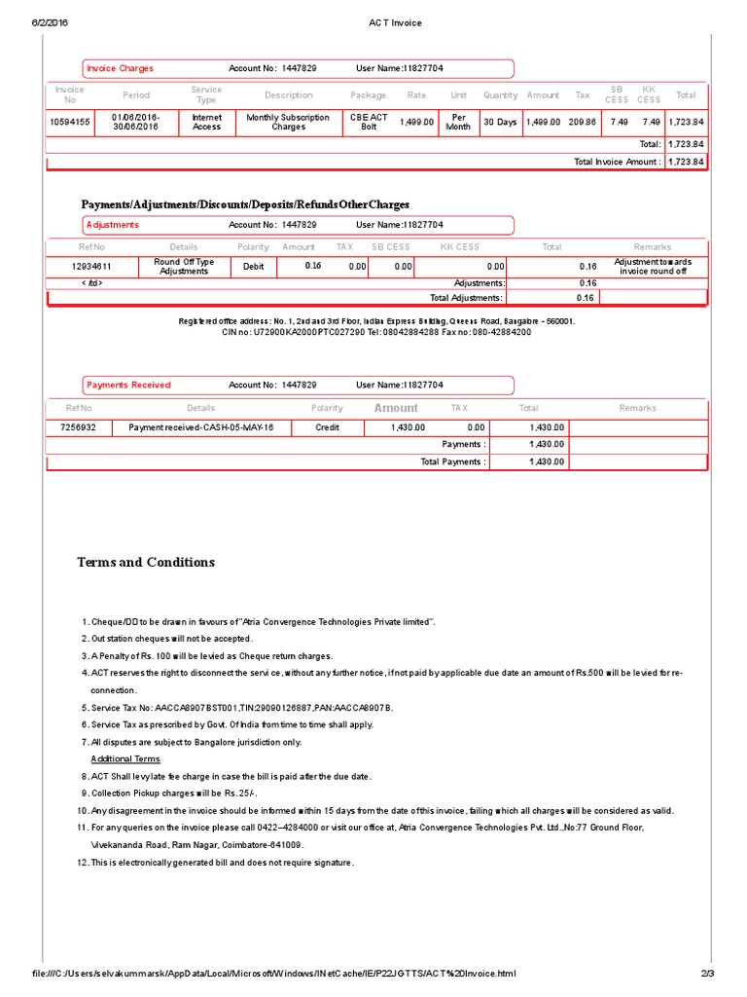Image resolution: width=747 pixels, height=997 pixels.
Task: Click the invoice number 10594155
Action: tap(70, 122)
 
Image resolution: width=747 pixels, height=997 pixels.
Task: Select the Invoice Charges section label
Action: tap(121, 68)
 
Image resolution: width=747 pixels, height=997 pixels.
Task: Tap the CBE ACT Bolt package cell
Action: tap(369, 122)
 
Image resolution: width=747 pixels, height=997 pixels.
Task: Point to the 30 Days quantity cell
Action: tap(500, 122)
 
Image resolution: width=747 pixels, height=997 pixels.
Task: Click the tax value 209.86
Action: tap(582, 122)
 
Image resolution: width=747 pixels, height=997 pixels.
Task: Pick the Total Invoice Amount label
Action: tap(617, 162)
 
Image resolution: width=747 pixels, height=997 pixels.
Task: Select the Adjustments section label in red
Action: tap(113, 225)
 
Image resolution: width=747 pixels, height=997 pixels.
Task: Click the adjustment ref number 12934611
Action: tap(92, 266)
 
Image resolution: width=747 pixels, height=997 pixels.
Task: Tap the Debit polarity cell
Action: tap(253, 266)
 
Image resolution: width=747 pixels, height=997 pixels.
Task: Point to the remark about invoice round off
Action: tap(652, 266)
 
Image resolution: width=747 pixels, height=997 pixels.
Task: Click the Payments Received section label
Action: tap(128, 385)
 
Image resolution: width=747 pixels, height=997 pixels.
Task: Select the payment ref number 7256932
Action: tap(79, 427)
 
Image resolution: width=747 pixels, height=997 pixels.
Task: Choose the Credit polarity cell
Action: tap(328, 427)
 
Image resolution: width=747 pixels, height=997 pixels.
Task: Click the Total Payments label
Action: tap(452, 462)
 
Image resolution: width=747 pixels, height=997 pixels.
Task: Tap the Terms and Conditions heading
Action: tap(146, 562)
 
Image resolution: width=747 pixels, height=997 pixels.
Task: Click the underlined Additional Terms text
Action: tap(125, 758)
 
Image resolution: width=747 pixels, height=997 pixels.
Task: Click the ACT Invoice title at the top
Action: tap(394, 22)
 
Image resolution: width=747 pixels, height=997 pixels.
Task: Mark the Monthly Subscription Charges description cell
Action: tap(288, 122)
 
